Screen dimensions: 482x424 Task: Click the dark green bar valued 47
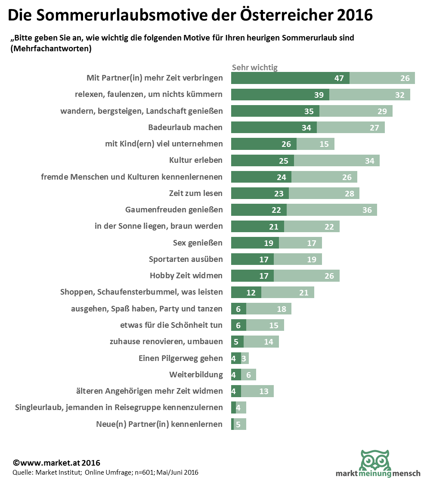point(290,78)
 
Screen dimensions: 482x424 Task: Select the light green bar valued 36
point(331,210)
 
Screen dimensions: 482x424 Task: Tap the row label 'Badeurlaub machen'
point(185,127)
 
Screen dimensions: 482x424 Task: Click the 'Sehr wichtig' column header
point(255,67)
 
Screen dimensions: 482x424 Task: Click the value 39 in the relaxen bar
point(319,95)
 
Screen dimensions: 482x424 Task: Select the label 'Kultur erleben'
point(195,160)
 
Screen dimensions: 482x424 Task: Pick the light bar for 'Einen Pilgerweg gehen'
point(245,358)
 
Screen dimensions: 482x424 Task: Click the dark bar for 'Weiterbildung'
point(236,375)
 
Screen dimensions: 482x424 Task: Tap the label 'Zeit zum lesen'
point(196,193)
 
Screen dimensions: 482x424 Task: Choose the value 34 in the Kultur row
point(369,161)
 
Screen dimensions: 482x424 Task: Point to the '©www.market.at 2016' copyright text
point(56,463)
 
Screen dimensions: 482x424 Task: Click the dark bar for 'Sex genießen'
point(255,243)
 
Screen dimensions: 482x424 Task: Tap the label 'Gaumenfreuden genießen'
point(174,210)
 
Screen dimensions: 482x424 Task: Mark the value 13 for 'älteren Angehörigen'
point(264,391)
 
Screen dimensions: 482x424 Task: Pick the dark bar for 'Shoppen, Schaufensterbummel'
point(246,292)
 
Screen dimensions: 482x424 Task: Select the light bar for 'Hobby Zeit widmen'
point(306,276)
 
